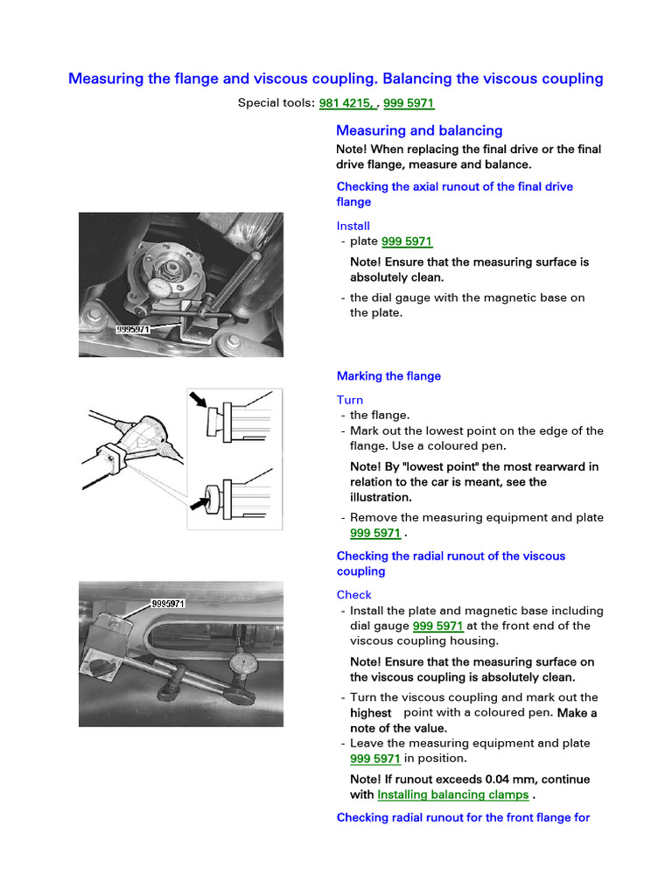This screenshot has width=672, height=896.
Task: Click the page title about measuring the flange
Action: (335, 79)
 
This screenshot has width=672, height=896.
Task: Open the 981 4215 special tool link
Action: (347, 103)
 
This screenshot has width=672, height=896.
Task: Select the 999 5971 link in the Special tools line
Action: (409, 103)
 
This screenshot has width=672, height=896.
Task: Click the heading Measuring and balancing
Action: (419, 130)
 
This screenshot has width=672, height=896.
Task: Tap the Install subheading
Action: (353, 226)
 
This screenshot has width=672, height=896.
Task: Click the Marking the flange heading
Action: (388, 376)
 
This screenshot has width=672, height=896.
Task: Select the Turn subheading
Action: (350, 400)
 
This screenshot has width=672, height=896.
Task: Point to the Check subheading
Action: (354, 595)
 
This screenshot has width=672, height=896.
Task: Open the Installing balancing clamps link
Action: (452, 794)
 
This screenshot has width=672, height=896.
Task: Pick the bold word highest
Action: (370, 713)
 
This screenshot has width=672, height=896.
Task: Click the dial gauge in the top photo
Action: (159, 286)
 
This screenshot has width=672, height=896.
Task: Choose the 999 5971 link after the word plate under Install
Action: (407, 241)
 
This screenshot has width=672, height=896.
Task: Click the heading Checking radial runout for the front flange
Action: (463, 817)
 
